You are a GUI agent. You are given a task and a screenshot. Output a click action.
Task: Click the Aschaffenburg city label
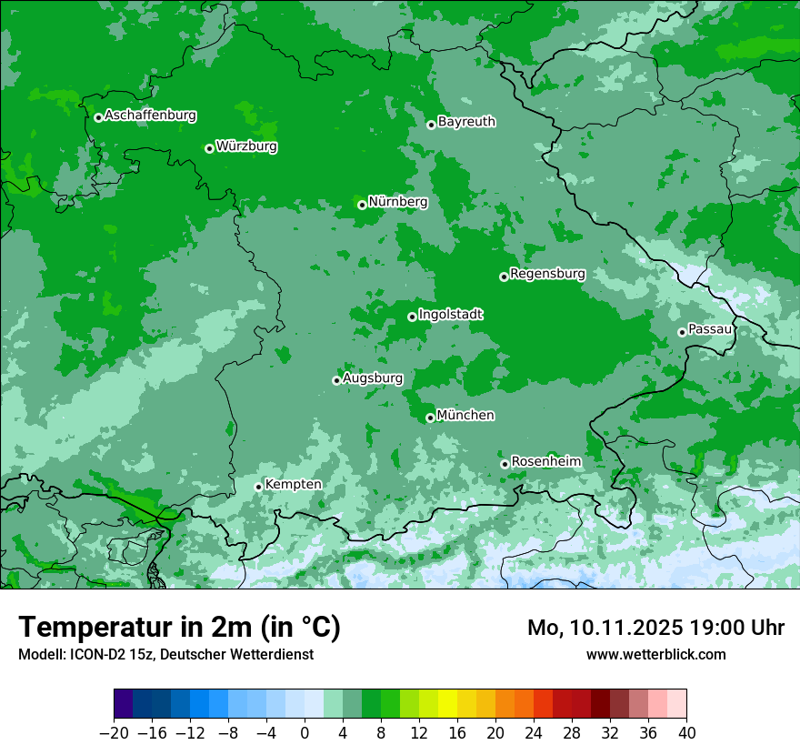[150, 116]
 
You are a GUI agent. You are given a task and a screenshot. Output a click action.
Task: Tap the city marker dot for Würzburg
[209, 148]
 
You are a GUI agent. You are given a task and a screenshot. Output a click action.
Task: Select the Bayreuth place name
[466, 122]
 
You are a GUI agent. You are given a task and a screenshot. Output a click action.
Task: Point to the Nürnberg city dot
[362, 205]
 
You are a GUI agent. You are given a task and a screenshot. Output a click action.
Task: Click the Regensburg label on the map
[547, 274]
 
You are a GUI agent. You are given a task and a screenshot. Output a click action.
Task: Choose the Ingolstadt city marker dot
[412, 317]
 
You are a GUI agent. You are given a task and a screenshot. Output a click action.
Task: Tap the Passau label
[709, 329]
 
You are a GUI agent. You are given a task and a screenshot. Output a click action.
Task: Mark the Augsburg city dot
[336, 380]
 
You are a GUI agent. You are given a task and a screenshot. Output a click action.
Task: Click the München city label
[465, 416]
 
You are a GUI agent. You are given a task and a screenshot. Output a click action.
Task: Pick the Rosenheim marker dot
[505, 464]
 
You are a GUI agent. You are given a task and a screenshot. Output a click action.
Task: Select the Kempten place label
[293, 485]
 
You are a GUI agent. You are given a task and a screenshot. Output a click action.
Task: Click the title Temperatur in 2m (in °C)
[179, 628]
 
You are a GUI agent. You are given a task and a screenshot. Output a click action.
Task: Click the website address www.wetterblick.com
[655, 654]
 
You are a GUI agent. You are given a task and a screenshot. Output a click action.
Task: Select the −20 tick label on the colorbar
[114, 733]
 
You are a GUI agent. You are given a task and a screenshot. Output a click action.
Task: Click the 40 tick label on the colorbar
[686, 733]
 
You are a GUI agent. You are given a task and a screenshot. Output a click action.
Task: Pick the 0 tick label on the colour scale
[305, 733]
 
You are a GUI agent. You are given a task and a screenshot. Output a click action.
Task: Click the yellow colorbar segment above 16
[447, 704]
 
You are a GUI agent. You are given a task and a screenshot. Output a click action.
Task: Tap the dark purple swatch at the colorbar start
[123, 704]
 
